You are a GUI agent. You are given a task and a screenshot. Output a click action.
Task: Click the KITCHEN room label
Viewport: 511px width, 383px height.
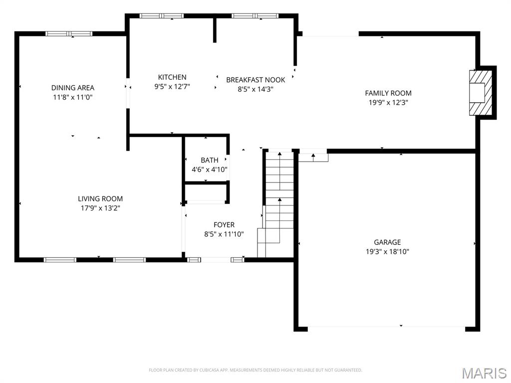pos(172,77)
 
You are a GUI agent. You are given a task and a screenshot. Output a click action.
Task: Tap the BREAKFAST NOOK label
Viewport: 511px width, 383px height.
pos(255,80)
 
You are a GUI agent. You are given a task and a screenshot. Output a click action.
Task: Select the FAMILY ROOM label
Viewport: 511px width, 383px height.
pos(388,93)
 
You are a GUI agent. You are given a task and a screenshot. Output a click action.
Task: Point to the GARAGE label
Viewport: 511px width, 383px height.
pos(387,242)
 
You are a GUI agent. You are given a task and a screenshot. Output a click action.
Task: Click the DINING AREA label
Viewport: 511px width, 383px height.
pos(73,88)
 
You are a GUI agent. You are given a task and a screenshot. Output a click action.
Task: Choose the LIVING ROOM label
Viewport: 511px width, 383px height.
pos(100,198)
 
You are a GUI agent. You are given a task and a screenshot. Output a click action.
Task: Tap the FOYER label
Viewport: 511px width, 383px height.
pos(224,225)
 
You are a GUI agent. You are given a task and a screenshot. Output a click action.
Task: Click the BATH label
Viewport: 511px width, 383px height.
pos(210,160)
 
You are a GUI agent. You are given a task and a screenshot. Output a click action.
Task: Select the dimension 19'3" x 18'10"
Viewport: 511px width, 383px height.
pos(387,251)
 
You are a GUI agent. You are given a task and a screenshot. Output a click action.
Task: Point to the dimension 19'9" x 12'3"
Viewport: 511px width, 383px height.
pos(388,102)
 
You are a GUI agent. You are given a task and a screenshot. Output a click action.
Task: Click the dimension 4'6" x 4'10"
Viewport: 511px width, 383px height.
pos(210,170)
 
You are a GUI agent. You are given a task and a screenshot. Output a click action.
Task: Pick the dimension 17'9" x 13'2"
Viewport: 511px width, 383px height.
pos(100,208)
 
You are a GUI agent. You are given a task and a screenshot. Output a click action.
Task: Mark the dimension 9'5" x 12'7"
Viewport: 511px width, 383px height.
pos(172,86)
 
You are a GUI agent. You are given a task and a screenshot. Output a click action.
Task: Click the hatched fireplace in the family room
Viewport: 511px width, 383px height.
pos(481,92)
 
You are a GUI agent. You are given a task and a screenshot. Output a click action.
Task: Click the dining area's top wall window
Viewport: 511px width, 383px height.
pos(69,33)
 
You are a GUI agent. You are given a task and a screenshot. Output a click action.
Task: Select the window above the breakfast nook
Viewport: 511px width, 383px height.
pos(255,15)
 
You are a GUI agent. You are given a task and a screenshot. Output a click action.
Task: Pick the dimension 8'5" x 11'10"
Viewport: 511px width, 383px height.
pos(224,234)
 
